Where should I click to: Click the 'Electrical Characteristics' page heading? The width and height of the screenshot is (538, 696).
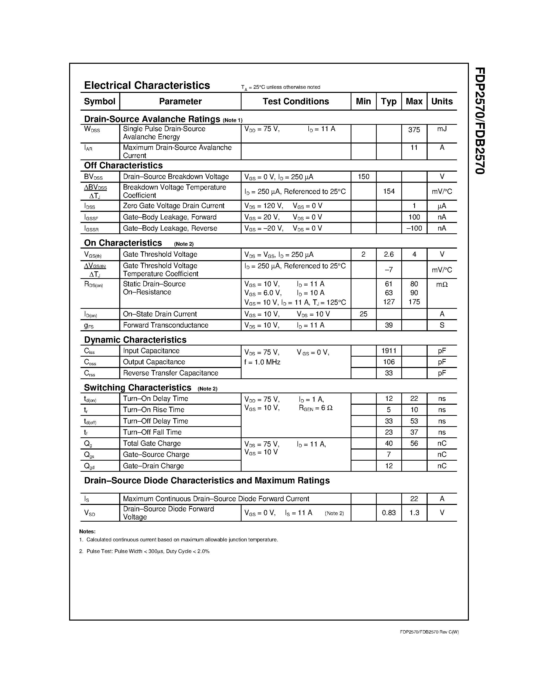point(147,85)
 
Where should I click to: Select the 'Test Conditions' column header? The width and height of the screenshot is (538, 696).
point(295,101)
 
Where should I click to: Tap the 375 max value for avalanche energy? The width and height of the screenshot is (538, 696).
point(414,130)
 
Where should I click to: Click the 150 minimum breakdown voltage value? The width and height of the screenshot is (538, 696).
point(363,177)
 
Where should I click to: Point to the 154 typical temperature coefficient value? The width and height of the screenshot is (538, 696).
point(389,191)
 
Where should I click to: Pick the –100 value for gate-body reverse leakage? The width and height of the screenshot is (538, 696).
point(414,228)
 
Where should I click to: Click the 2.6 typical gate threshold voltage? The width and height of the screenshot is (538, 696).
point(389,254)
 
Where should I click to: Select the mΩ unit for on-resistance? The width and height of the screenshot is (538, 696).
point(442,284)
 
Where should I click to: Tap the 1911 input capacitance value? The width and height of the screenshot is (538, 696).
point(389,351)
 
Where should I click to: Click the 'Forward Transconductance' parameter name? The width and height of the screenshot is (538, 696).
point(165,325)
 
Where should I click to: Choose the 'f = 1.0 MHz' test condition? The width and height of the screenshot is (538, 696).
point(262,362)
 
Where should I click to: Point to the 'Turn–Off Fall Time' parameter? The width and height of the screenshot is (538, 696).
point(152,432)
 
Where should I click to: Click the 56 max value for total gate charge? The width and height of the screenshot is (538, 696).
point(414,443)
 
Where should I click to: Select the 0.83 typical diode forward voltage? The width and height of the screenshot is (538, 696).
point(389,513)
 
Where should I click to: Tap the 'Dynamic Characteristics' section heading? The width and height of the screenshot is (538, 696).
point(135,340)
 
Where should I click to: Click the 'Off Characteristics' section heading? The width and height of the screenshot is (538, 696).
point(123,166)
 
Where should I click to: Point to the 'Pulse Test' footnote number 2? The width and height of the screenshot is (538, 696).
point(144,551)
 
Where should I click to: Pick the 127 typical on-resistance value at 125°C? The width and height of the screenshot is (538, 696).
point(389,302)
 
